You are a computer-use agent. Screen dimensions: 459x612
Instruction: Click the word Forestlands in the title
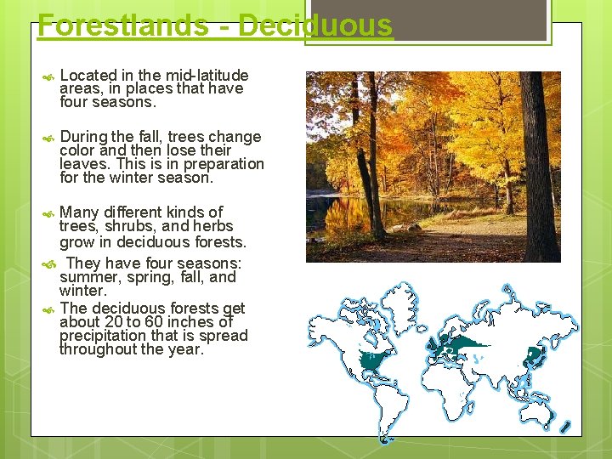click(122, 25)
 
